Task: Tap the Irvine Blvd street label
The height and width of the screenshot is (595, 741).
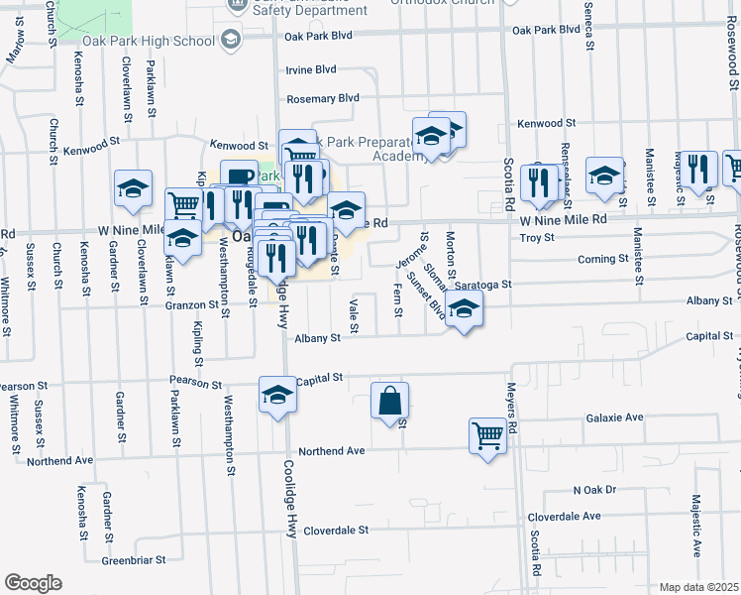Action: point(310,69)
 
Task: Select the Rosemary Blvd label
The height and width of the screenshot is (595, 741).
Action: point(322,99)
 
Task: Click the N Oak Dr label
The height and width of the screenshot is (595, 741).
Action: point(594,490)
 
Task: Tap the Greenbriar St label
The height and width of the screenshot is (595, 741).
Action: point(135,560)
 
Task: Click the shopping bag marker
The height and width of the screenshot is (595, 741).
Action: point(390,401)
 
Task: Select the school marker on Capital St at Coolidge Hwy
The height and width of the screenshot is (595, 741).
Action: point(278,395)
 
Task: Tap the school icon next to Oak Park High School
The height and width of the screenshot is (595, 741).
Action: point(231,40)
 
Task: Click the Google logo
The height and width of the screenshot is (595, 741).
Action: point(33,583)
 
